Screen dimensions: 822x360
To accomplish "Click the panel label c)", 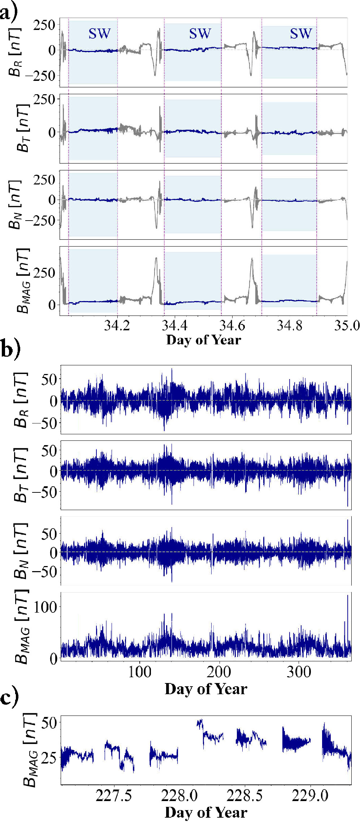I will tap(9, 697).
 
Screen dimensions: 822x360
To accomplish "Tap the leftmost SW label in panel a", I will tap(99, 34).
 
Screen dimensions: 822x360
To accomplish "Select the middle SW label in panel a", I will tap(200, 34).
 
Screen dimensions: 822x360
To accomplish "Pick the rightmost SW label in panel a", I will tap(300, 34).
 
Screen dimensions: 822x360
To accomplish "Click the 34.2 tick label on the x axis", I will tap(117, 326).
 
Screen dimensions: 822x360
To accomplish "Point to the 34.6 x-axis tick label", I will tap(232, 326).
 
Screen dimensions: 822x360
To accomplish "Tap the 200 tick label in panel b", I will tap(219, 672).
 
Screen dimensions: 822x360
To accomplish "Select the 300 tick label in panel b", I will tap(299, 672).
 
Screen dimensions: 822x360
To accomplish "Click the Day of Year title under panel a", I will tap(203, 340).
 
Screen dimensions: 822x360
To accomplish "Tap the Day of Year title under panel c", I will tap(206, 812).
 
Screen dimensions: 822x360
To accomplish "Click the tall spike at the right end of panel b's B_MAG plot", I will tap(348, 614).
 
